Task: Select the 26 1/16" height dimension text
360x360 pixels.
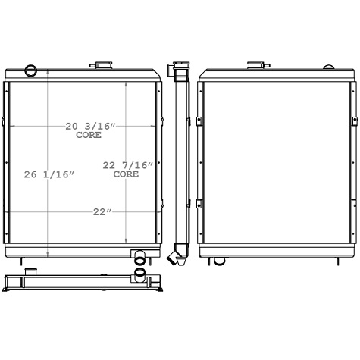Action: click(x=49, y=174)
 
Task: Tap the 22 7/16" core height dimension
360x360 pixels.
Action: click(x=127, y=165)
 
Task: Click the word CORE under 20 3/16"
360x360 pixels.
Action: click(x=89, y=135)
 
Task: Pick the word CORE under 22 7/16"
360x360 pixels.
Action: click(x=126, y=174)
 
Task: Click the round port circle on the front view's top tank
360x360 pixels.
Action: click(x=31, y=71)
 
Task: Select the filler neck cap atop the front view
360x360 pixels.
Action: click(x=102, y=64)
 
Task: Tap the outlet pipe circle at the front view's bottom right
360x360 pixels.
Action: click(x=141, y=264)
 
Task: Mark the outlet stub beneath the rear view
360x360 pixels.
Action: click(x=219, y=261)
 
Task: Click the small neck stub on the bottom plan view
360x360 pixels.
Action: click(x=31, y=271)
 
